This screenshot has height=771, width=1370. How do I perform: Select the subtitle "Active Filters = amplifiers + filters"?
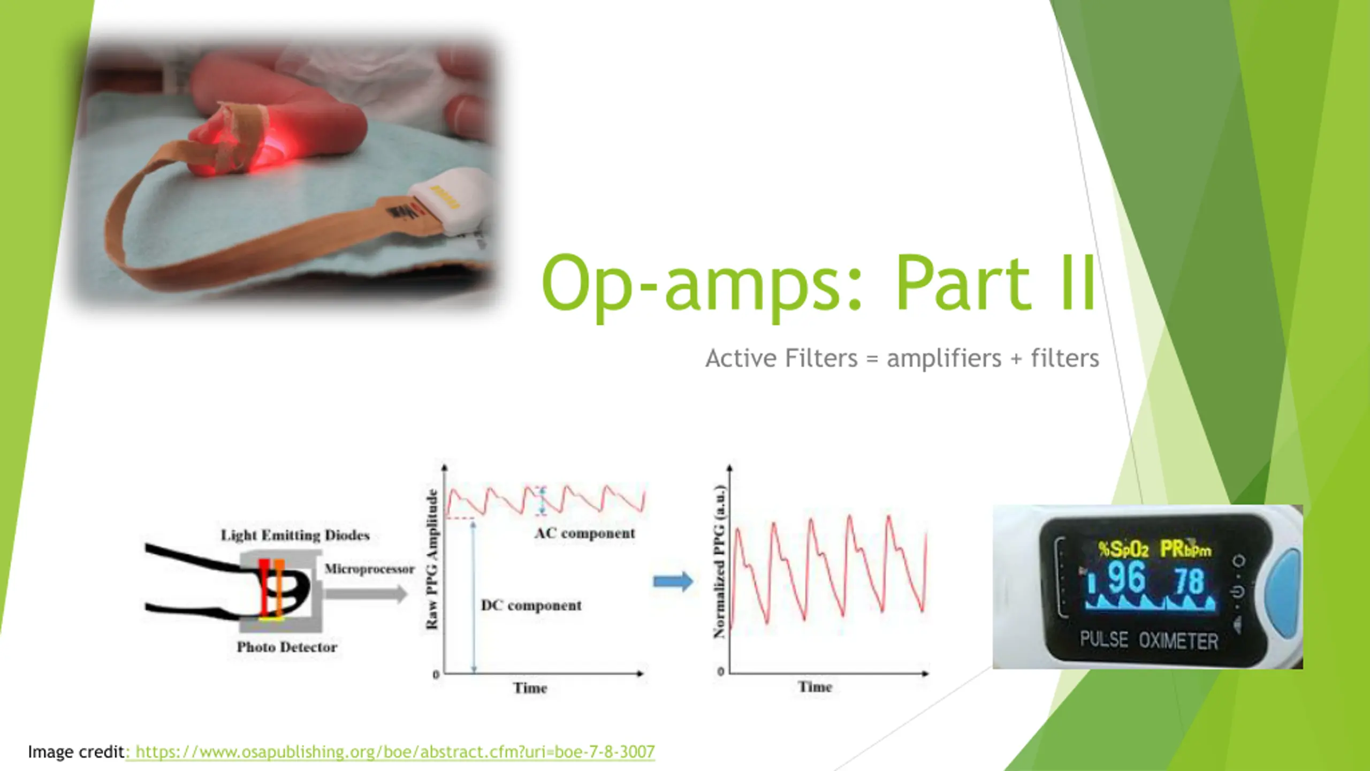pos(902,358)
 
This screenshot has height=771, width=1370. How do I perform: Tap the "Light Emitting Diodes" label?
pos(295,535)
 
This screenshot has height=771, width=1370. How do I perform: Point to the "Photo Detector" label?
pos(287,647)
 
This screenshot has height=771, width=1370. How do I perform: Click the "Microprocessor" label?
pos(369,569)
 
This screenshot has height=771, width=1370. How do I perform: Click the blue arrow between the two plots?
pos(673,581)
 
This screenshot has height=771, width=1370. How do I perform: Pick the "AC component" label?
pos(584,533)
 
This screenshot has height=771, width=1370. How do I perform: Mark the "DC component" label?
pos(531,606)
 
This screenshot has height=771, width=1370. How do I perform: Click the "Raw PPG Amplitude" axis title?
pos(432,560)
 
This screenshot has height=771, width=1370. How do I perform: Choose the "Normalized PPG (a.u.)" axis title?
pos(719,561)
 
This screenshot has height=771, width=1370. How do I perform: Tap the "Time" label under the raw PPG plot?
pos(530,688)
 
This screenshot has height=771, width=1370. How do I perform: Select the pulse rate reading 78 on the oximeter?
pos(1189,581)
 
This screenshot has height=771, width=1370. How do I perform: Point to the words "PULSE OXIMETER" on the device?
pos(1149,640)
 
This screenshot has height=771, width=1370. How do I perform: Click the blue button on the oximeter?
pos(1284,587)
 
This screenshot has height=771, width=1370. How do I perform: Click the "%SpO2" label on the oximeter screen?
pos(1123,549)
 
